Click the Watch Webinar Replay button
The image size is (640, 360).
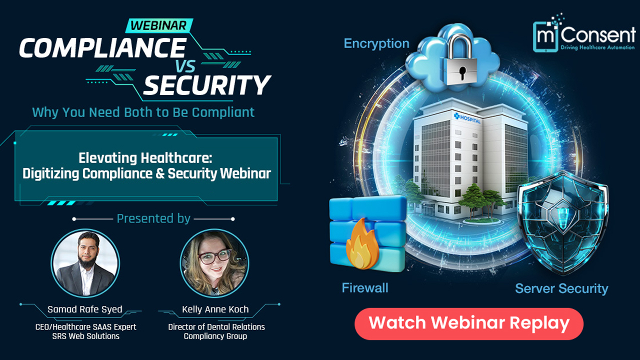[469, 323]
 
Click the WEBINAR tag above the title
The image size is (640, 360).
[158, 25]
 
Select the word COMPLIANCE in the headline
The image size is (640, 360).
[102, 48]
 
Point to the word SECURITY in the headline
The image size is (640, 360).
[207, 85]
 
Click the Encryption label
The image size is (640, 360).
[376, 44]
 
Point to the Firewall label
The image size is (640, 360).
[365, 288]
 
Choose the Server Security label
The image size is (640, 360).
[561, 288]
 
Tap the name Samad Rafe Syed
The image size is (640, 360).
[85, 309]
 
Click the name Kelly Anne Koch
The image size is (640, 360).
[215, 309]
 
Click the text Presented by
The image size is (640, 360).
[153, 218]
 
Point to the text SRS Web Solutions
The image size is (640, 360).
[86, 336]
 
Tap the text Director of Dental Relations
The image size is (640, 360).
[216, 326]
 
